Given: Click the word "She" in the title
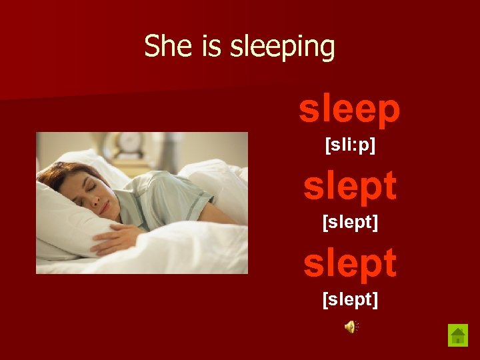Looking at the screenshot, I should point(161,47).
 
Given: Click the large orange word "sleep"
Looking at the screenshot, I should point(349,109).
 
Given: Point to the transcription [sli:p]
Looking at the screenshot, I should point(350,145).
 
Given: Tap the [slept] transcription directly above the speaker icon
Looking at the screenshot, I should point(350,300).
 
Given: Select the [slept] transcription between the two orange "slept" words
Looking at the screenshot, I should point(350,223).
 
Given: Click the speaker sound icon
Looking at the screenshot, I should point(350,326).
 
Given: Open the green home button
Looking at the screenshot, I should point(458,335).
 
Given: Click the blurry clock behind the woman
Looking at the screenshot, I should point(129,143).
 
